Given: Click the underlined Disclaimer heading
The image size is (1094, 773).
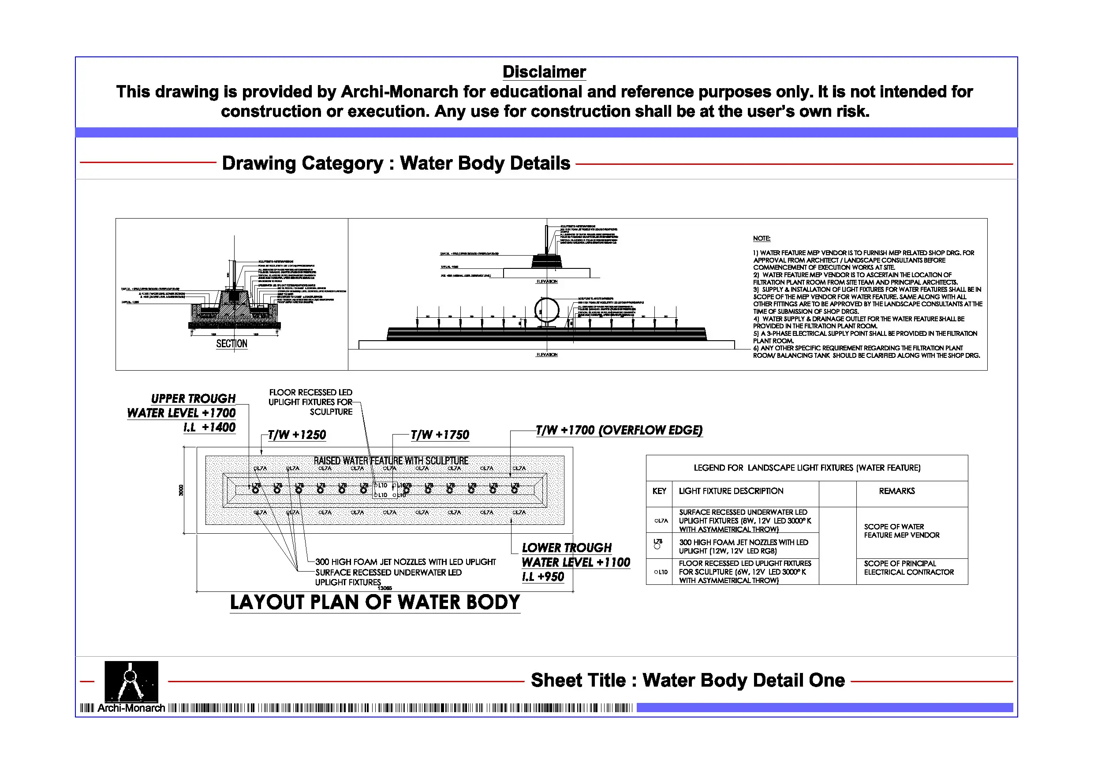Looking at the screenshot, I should pos(544,72).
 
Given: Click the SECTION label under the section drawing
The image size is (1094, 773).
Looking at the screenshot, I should pos(231,343).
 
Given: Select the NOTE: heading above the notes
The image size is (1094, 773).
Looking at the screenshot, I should pos(762,238).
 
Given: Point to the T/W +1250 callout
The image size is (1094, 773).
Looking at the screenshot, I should pos(297,435).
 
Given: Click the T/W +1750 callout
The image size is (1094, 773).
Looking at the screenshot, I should pos(440,435).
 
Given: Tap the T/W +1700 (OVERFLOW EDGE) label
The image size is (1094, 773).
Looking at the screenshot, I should pos(619,431).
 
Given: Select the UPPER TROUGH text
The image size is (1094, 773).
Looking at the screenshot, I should pos(193,399).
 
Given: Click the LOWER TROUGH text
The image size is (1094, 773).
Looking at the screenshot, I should pos(567,548).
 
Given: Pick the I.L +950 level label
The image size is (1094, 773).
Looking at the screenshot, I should pos(543,577).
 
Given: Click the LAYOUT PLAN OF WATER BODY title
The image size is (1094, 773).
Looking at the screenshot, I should pos(375,602).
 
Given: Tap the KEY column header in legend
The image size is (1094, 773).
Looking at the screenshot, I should pos(659,491).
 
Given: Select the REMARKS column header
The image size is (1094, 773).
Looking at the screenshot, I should pos(897,491).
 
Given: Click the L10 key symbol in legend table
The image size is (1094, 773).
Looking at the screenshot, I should pos(661,572).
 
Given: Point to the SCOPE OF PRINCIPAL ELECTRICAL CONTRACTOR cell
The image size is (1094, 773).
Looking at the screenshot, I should pos(909,568).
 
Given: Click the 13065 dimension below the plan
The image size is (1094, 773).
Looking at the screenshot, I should pos(385,588).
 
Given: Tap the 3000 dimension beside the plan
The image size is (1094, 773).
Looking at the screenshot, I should pos(181,490).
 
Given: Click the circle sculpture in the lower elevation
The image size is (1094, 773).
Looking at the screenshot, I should pos(546,310).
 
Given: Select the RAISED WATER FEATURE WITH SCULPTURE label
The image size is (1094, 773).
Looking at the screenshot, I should pos(391,461).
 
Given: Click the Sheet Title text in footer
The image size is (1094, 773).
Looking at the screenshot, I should pos(687,680).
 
